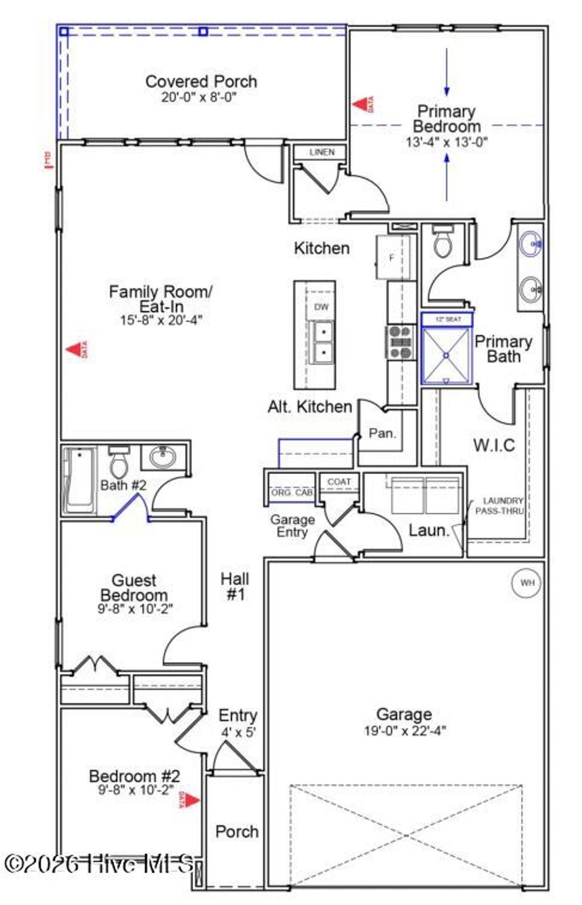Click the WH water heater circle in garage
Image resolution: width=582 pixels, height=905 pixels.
pyautogui.click(x=527, y=583)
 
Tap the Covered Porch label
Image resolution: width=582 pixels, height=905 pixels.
pyautogui.click(x=201, y=82)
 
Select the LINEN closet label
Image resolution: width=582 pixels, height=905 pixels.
pyautogui.click(x=322, y=152)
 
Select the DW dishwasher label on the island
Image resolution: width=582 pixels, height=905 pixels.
pyautogui.click(x=321, y=307)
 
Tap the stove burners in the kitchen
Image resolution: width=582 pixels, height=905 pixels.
pyautogui.click(x=400, y=342)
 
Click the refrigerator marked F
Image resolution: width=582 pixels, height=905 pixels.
pyautogui.click(x=392, y=258)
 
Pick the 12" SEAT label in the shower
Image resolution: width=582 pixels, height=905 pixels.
pyautogui.click(x=448, y=319)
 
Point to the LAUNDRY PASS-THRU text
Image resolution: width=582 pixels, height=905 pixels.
pyautogui.click(x=500, y=506)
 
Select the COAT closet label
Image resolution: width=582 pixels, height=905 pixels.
pyautogui.click(x=339, y=481)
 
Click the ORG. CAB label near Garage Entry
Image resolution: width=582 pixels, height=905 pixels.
pyautogui.click(x=292, y=492)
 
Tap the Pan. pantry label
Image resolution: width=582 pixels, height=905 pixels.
pyautogui.click(x=382, y=433)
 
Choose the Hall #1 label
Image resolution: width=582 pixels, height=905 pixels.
pyautogui.click(x=235, y=587)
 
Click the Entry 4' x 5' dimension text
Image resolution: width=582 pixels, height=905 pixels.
pyautogui.click(x=238, y=732)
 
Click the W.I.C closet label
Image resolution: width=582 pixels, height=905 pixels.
pyautogui.click(x=494, y=445)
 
